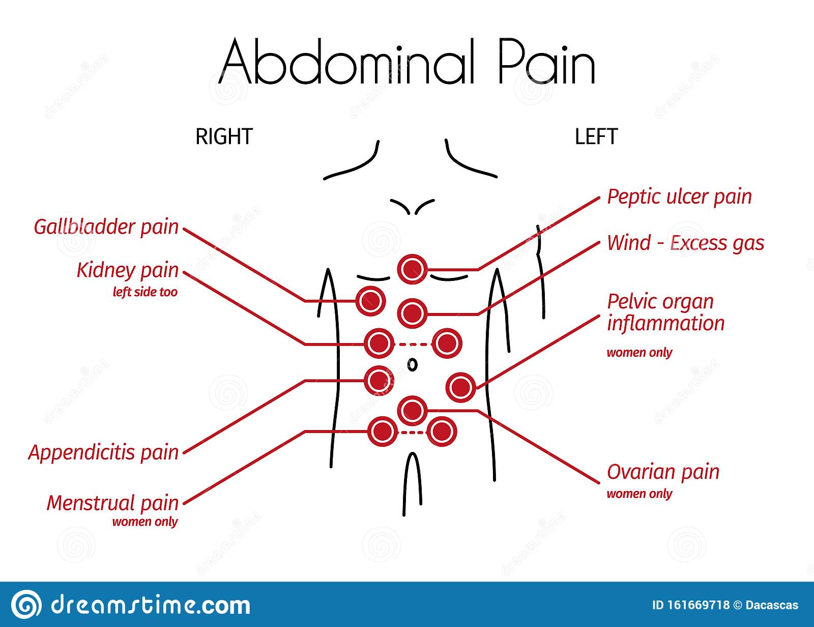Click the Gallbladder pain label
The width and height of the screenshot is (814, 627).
point(106,227)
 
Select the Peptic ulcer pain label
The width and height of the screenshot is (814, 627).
point(679,197)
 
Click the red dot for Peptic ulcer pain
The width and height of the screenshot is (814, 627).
point(412,269)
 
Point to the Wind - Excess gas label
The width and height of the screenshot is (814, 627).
point(685,243)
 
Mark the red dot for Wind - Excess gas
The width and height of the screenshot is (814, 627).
point(412,312)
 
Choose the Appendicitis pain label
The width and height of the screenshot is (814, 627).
point(104,452)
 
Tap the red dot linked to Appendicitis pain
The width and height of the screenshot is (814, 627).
point(379,380)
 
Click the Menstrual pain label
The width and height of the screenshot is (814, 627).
point(113,503)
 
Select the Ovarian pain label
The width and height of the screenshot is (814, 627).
point(663,472)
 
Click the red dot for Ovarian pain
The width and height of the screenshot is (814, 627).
point(412,410)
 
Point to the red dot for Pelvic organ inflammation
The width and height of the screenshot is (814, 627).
point(461,388)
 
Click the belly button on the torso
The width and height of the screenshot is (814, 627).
point(413,364)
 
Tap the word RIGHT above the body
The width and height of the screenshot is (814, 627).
point(224,137)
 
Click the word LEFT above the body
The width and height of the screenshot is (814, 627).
point(596,137)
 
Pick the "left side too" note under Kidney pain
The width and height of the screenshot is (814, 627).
point(145,292)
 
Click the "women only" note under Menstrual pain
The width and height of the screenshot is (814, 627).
point(145,522)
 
